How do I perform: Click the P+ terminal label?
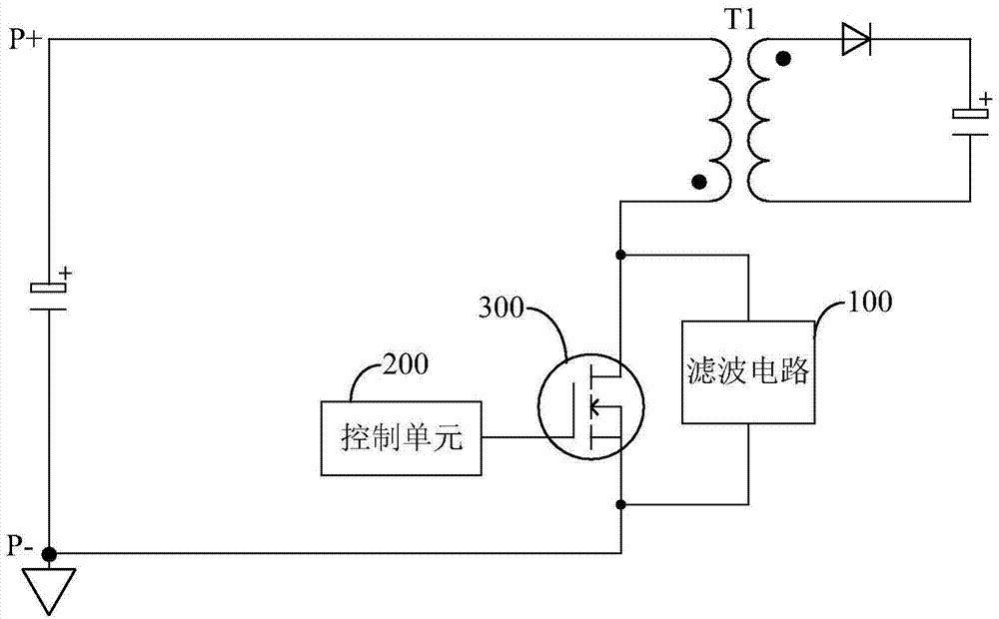point(24,40)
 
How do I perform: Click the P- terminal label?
point(21,544)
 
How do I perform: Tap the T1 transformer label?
point(739,21)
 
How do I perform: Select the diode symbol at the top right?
point(856,40)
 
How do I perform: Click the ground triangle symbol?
point(48,588)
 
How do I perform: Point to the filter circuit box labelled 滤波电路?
point(747,371)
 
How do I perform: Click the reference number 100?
point(870,299)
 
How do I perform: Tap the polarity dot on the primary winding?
point(699,183)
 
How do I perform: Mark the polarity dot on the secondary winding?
point(784,60)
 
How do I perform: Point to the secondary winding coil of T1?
point(759,120)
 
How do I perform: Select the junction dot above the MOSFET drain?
point(621,255)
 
